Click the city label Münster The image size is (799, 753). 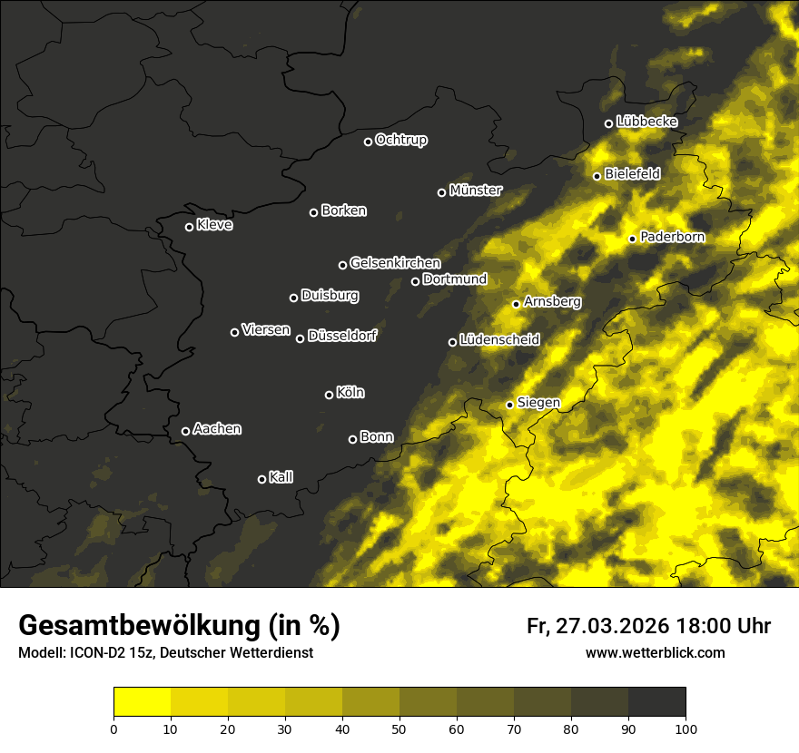476,191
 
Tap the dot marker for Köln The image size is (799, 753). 329,395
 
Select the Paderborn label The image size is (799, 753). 672,237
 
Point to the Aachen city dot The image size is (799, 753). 185,431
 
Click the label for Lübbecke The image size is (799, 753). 646,122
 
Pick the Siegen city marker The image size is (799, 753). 509,405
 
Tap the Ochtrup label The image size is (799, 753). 400,140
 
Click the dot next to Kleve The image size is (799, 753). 189,227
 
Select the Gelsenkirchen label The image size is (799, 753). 395,263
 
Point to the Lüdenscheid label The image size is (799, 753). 499,340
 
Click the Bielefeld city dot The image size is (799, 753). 597,176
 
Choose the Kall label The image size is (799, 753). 281,477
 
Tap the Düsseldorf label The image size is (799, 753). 342,337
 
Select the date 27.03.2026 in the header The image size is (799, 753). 611,626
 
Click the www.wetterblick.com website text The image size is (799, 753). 655,652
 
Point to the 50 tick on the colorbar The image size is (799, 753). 399,728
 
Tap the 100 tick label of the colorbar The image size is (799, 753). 686,728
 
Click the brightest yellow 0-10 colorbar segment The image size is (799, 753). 142,702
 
